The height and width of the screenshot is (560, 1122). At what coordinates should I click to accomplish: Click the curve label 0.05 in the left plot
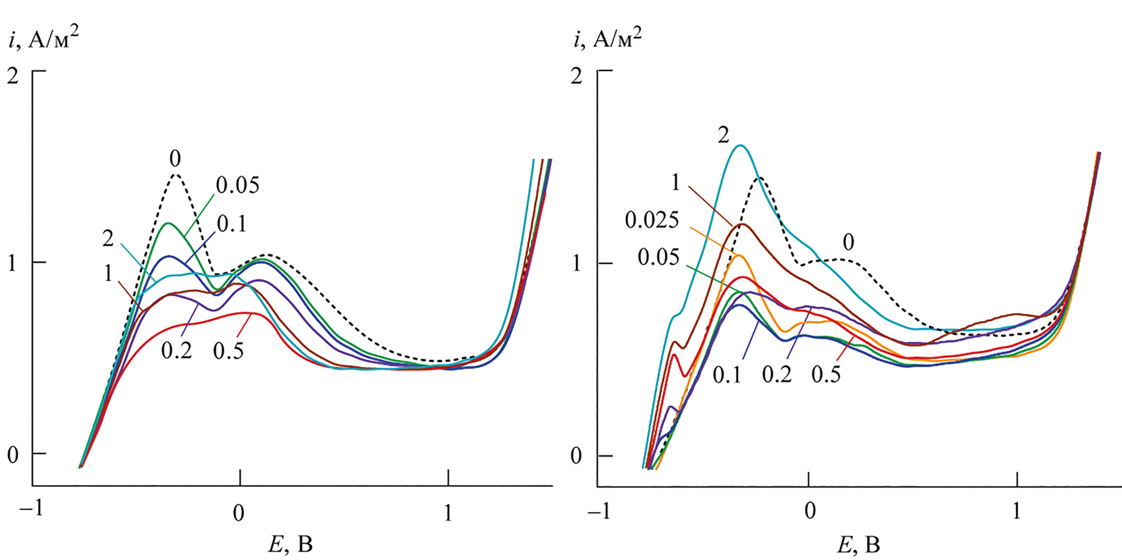click(237, 186)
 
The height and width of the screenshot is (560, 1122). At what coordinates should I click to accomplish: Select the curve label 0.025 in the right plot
click(652, 220)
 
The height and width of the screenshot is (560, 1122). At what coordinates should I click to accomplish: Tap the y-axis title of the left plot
click(45, 40)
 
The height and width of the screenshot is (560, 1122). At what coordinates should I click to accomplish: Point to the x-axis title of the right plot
click(858, 545)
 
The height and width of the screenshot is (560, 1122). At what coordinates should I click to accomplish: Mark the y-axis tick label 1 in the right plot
click(577, 263)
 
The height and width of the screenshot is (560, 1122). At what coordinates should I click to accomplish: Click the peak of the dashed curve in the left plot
click(176, 174)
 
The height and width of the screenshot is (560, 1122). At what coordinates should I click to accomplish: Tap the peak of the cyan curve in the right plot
click(741, 145)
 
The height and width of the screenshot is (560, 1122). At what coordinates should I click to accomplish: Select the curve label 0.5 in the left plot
click(228, 351)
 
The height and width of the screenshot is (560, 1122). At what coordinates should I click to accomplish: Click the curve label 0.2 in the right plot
click(777, 374)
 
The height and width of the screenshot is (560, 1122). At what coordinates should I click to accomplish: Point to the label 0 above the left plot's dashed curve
click(175, 159)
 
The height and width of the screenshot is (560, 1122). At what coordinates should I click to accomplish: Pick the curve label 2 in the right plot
click(723, 135)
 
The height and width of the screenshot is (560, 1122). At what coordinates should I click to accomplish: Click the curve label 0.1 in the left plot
click(232, 224)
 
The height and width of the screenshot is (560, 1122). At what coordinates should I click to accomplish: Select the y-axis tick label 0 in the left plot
click(13, 455)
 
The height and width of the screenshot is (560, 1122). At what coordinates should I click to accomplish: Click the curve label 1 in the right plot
click(675, 181)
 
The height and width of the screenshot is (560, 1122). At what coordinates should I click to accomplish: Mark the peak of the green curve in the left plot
click(169, 224)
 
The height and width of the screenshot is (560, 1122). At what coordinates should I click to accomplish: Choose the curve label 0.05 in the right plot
click(658, 257)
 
